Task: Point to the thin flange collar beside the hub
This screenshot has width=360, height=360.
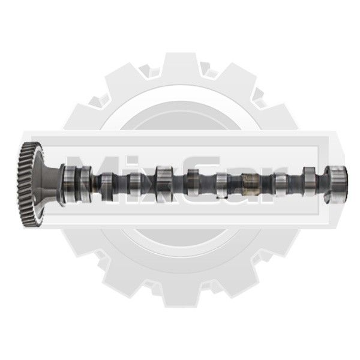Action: [62, 183]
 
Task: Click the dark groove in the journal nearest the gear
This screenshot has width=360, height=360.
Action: [77, 184]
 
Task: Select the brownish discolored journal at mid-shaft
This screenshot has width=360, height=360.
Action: [251, 184]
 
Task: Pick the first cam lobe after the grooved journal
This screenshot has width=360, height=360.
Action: [107, 185]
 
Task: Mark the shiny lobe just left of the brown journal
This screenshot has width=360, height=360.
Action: [222, 185]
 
